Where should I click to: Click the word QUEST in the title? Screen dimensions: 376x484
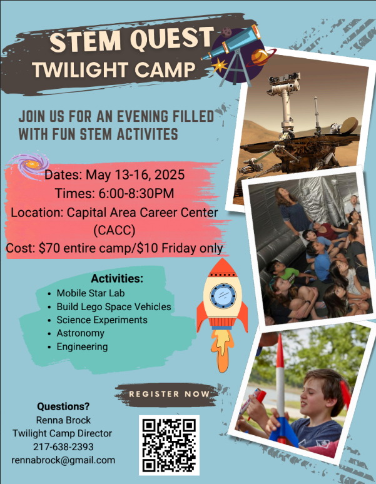(x=171, y=39)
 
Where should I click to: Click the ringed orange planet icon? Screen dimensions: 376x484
(x=260, y=57)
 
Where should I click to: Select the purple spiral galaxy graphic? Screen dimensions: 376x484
(x=29, y=164)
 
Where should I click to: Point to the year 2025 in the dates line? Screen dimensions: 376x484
(x=170, y=174)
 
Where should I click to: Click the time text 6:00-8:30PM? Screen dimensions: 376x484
(x=136, y=194)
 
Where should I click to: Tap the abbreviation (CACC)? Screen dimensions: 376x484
(x=114, y=230)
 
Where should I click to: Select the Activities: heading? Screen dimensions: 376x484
(x=117, y=278)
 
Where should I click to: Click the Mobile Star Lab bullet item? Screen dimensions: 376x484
(x=91, y=293)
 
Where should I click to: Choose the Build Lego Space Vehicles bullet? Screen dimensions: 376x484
(x=114, y=306)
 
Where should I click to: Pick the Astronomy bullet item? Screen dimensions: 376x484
(x=80, y=333)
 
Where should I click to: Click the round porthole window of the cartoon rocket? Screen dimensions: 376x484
(x=223, y=296)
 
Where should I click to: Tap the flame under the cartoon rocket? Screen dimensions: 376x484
(x=221, y=350)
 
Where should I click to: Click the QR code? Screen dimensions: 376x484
(x=169, y=445)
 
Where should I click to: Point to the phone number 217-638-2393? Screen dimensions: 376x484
(x=63, y=446)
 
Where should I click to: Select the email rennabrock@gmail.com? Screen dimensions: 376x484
(x=63, y=460)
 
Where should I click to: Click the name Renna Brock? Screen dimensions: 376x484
(x=63, y=420)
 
